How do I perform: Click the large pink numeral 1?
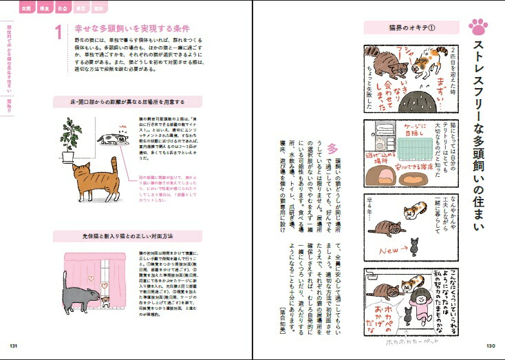click(x=58, y=32)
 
